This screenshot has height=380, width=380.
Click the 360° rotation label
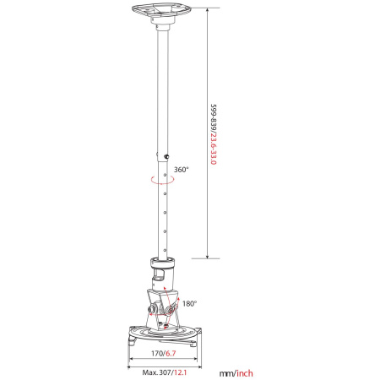182,170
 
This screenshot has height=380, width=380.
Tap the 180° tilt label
190,303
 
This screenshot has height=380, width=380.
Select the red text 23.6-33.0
214,149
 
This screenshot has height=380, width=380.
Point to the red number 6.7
171,353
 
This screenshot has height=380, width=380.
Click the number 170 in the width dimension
157,353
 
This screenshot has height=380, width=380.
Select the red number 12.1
181,372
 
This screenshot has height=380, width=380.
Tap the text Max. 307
156,372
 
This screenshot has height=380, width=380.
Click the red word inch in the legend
245,373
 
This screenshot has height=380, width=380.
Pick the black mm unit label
226,374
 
